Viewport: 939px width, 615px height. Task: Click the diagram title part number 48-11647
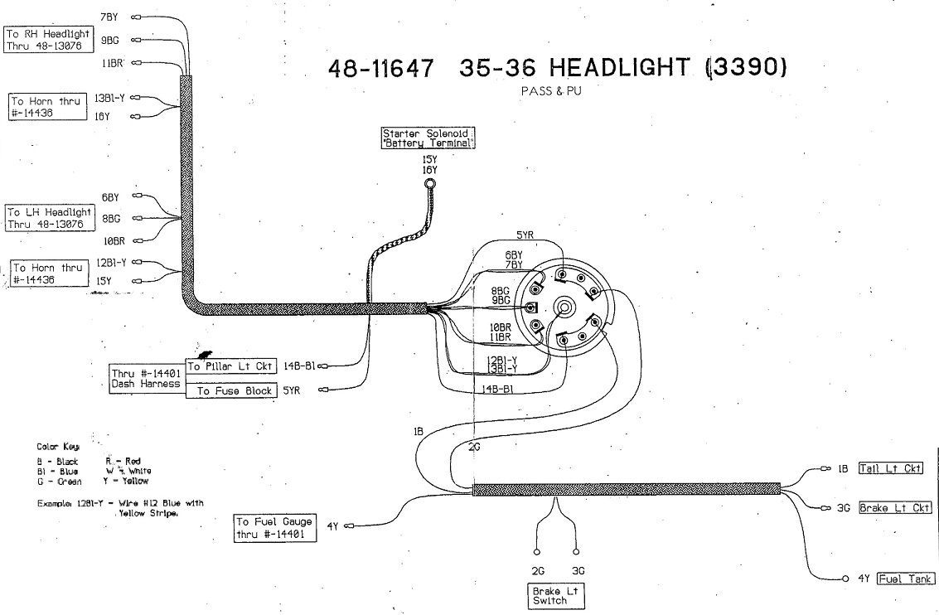click(x=381, y=68)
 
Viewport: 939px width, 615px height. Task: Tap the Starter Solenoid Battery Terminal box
click(x=429, y=138)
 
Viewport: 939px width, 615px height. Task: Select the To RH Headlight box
click(x=48, y=40)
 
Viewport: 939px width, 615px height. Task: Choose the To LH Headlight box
click(x=49, y=218)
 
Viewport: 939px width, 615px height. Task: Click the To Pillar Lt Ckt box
click(x=230, y=366)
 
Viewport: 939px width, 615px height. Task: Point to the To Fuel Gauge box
click(x=275, y=528)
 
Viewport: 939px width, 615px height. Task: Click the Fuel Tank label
click(x=906, y=579)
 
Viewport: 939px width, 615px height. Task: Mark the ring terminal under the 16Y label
click(x=429, y=183)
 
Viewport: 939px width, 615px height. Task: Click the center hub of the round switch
click(x=564, y=307)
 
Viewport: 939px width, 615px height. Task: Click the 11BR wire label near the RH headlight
click(x=113, y=62)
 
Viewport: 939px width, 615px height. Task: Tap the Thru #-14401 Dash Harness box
click(x=146, y=378)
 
